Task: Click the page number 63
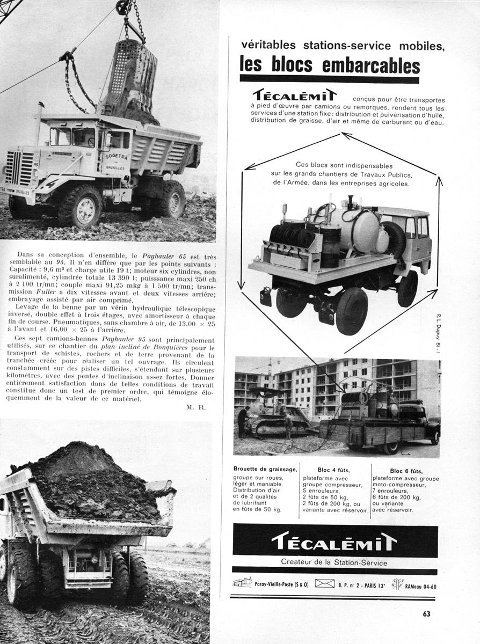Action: tap(426, 613)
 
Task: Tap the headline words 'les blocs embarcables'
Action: tap(329, 65)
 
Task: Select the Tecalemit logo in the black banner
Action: tap(334, 541)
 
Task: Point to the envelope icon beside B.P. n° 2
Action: tap(324, 583)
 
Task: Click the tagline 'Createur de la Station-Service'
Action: tap(334, 562)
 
